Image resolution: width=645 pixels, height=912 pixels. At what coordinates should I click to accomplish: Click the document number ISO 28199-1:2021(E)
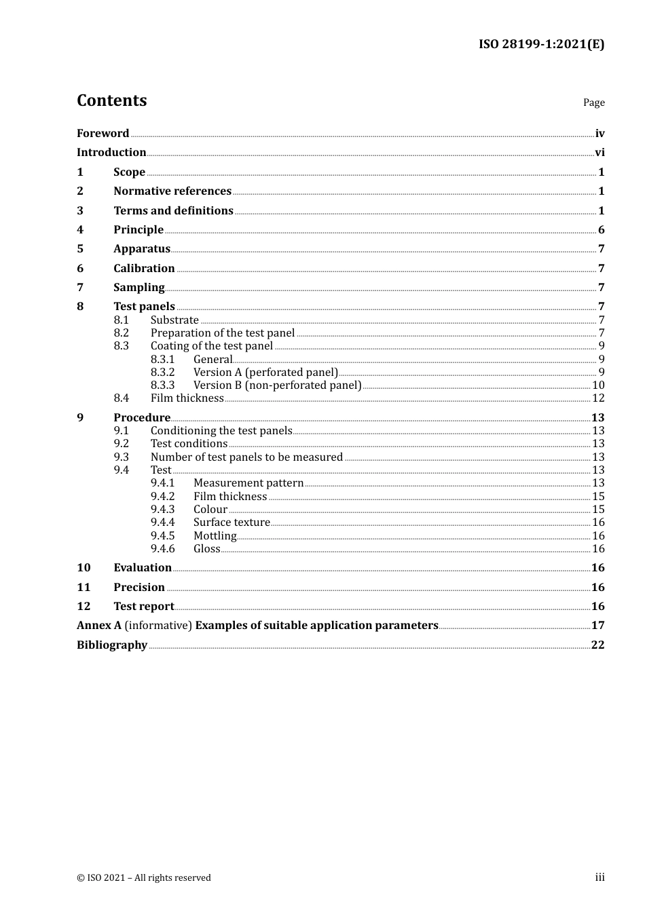click(x=541, y=44)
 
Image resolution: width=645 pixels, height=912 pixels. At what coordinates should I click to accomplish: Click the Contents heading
click(x=111, y=100)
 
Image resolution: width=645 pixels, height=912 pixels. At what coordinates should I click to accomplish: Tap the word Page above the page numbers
click(x=593, y=102)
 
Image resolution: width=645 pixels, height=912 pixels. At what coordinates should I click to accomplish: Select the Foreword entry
click(x=103, y=133)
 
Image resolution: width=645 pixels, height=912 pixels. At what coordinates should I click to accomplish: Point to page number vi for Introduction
click(x=600, y=153)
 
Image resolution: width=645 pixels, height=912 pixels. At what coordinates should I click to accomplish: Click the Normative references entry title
click(x=172, y=191)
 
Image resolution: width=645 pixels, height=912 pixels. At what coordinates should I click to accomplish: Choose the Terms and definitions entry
click(x=173, y=210)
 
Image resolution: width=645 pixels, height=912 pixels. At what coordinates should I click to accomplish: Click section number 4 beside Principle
click(x=80, y=230)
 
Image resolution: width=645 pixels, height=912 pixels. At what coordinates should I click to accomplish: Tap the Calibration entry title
click(x=144, y=269)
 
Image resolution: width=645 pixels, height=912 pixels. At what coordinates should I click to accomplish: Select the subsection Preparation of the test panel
click(x=223, y=333)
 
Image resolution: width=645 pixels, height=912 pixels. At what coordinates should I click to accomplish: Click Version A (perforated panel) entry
click(x=265, y=373)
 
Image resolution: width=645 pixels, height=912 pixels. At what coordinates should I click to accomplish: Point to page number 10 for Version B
click(x=598, y=385)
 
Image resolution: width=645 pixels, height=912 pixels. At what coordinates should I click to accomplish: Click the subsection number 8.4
click(x=121, y=398)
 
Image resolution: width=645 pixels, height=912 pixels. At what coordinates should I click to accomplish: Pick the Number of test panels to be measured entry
click(x=246, y=457)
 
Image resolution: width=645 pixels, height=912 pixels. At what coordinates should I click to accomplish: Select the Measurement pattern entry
click(x=248, y=483)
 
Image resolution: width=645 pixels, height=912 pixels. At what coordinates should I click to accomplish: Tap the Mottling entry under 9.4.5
click(x=215, y=536)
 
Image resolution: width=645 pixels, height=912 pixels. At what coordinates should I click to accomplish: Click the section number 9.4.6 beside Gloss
click(x=162, y=549)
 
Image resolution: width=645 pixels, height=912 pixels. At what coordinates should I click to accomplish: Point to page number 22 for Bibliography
click(x=597, y=645)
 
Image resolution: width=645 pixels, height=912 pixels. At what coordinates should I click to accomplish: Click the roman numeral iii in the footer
click(x=600, y=877)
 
